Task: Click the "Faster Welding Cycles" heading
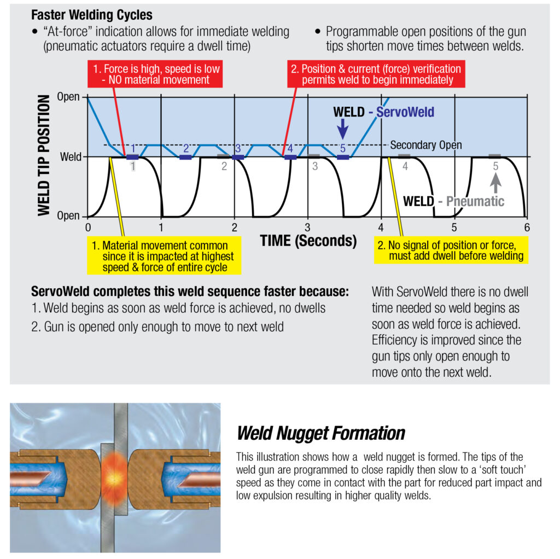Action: [92, 15]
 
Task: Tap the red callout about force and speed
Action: [155, 74]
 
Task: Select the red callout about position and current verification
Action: [376, 74]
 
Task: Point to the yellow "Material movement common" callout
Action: [164, 256]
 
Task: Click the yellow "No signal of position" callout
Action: [451, 251]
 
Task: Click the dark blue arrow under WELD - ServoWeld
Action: [342, 129]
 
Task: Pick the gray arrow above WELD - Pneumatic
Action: [495, 183]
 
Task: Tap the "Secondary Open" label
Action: [425, 145]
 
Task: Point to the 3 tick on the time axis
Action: [307, 227]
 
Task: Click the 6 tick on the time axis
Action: [527, 227]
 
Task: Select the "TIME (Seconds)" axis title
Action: [308, 241]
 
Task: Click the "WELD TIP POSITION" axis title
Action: [44, 155]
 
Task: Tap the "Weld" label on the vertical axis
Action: [71, 156]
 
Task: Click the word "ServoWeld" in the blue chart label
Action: [405, 112]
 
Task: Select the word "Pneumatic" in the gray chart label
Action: [475, 201]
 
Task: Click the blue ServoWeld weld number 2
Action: [186, 148]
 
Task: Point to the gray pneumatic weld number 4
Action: [405, 166]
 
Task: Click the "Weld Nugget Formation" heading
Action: [320, 433]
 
